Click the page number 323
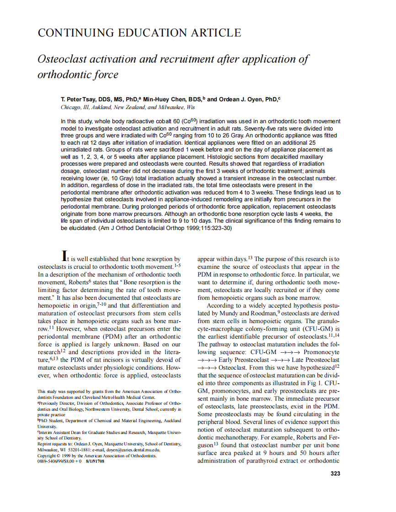pyautogui.click(x=335, y=474)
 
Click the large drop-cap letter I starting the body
pyautogui.click(x=65, y=256)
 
